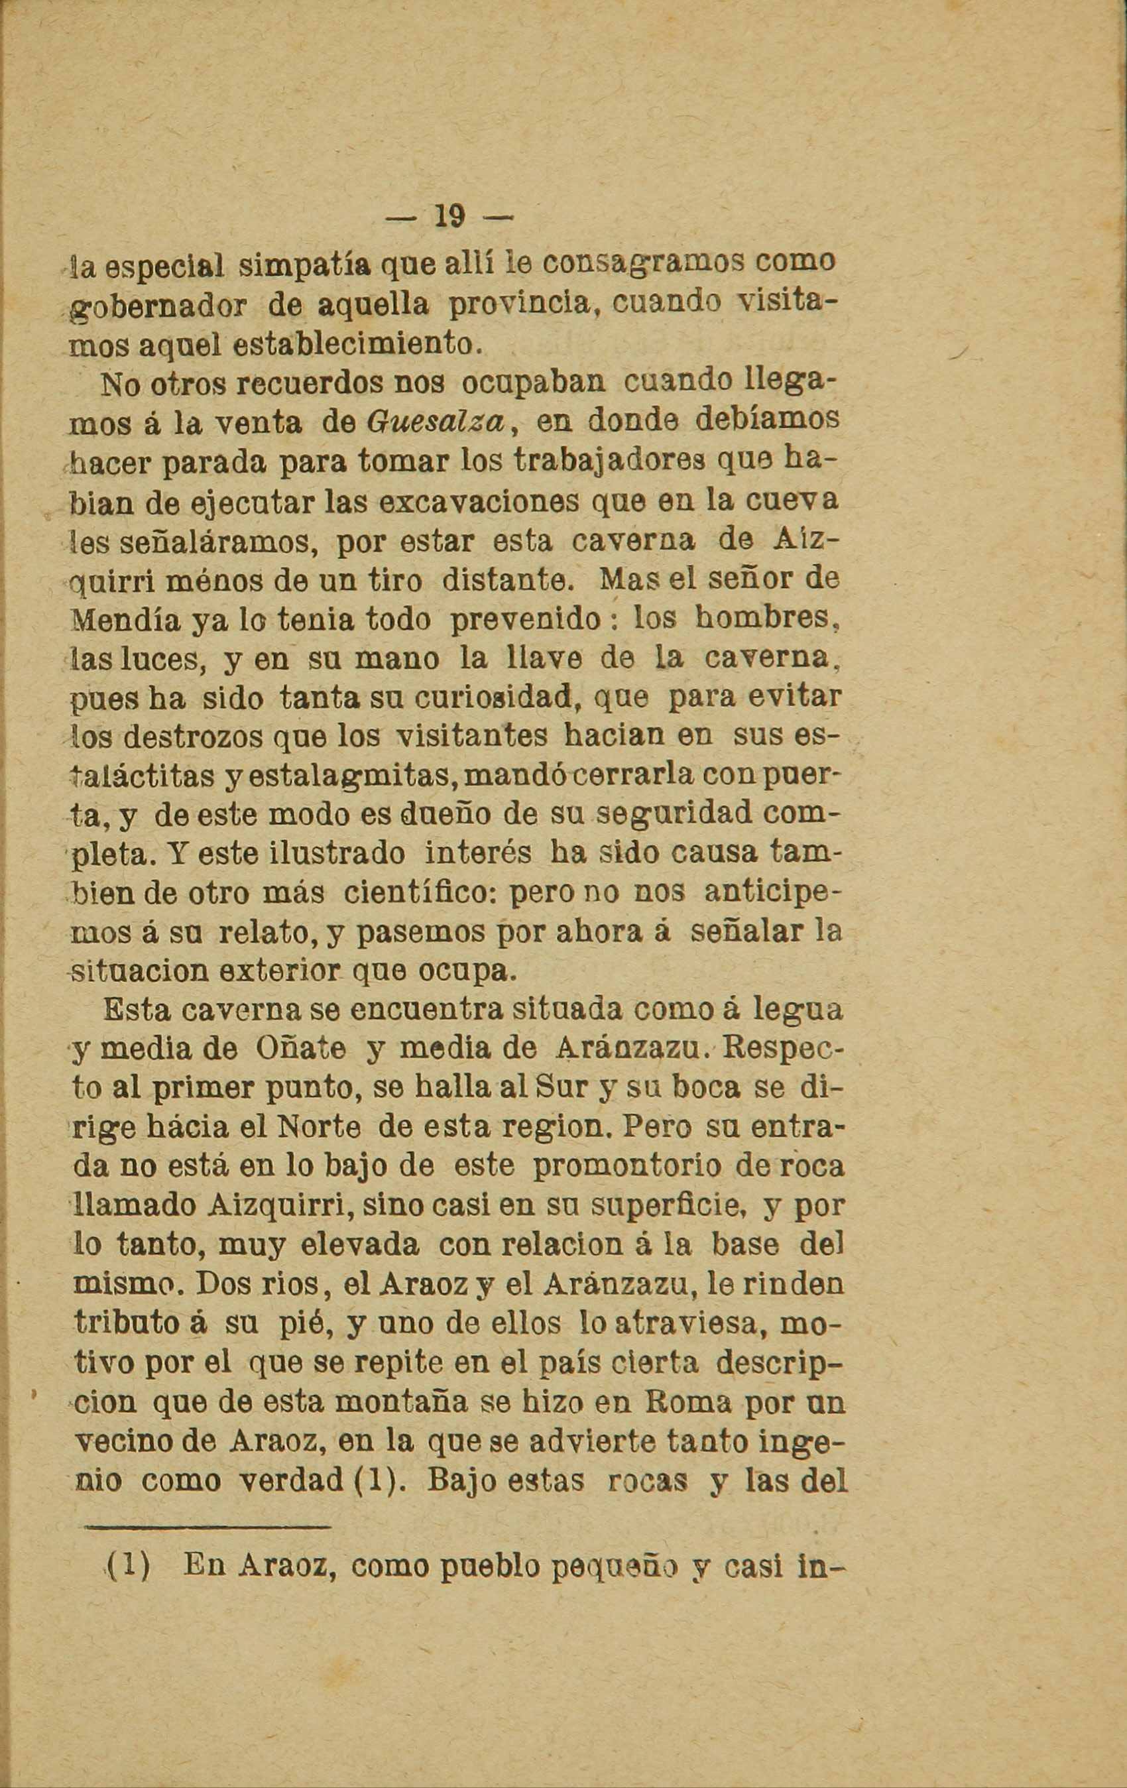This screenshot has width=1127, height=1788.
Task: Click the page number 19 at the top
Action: point(447,217)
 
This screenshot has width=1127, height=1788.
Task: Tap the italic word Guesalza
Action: point(436,422)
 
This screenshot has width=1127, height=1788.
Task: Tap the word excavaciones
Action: point(478,501)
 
